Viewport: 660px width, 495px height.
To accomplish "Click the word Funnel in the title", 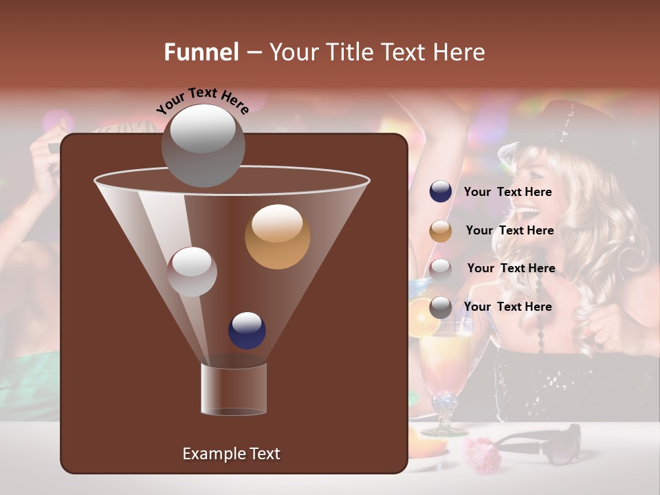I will pyautogui.click(x=201, y=52).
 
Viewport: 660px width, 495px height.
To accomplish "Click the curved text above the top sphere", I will pyautogui.click(x=203, y=100).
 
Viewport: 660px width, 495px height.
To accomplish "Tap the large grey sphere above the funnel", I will pyautogui.click(x=203, y=144).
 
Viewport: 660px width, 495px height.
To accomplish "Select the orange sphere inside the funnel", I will pyautogui.click(x=277, y=236).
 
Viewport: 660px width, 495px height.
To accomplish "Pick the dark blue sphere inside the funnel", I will pyautogui.click(x=247, y=330).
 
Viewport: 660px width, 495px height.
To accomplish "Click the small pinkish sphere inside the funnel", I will pyautogui.click(x=192, y=271).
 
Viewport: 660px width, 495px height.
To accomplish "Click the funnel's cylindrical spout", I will pyautogui.click(x=234, y=389).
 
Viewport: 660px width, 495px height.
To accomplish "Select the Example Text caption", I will pyautogui.click(x=231, y=454).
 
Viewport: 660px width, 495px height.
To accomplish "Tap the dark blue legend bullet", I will pyautogui.click(x=441, y=192).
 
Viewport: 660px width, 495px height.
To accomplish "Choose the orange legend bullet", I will pyautogui.click(x=441, y=231).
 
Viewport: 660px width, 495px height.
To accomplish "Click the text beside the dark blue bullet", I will pyautogui.click(x=507, y=192).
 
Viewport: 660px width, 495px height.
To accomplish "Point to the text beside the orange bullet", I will pyautogui.click(x=509, y=231).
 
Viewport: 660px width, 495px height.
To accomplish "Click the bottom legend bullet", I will pyautogui.click(x=441, y=307).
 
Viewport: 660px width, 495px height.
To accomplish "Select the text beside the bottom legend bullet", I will pyautogui.click(x=507, y=307).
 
